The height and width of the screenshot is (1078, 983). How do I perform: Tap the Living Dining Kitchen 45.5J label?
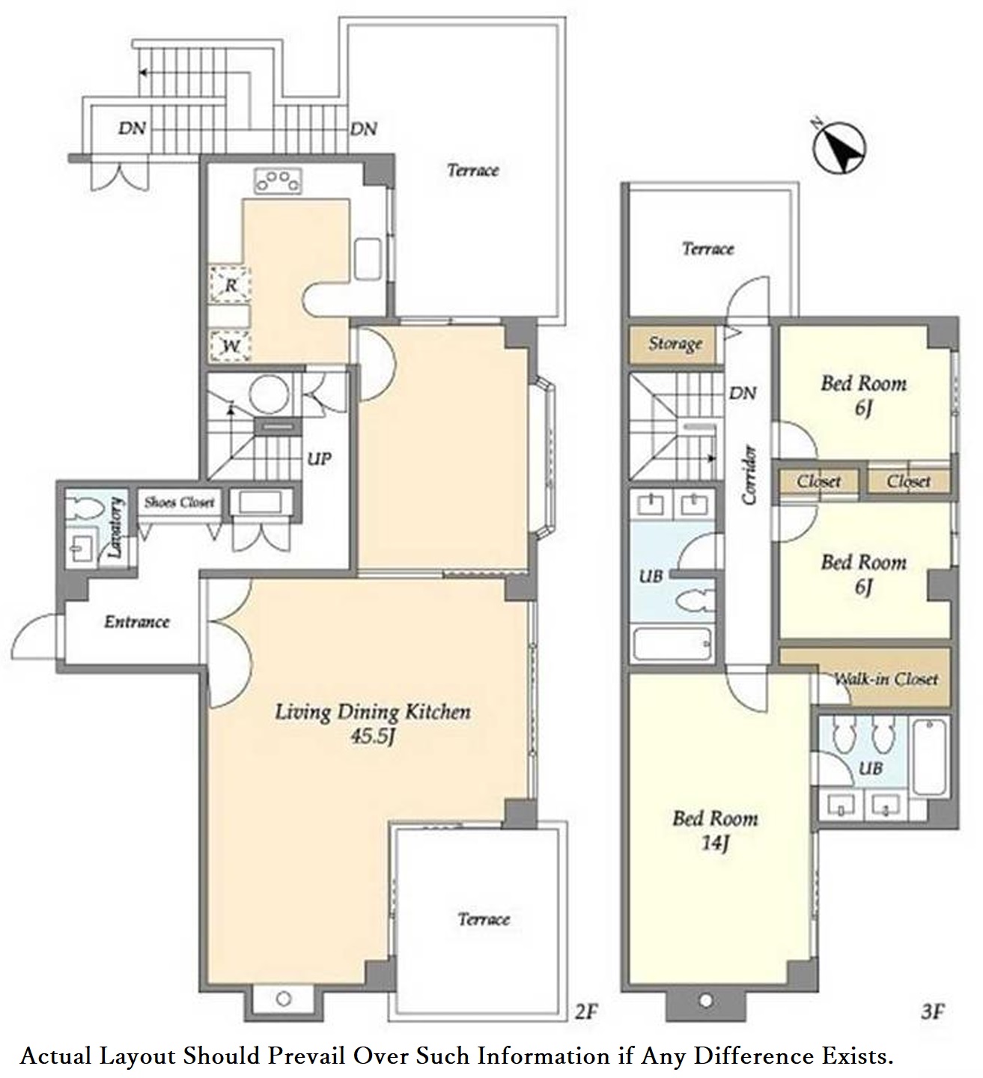372,724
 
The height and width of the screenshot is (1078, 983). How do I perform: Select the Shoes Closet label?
179,502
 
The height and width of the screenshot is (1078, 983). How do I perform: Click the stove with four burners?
278,180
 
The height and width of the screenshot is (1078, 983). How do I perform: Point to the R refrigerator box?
230,284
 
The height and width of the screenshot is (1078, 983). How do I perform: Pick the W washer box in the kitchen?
230,346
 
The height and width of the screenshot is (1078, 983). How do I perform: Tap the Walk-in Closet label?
885,679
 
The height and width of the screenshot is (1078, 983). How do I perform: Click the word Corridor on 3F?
749,475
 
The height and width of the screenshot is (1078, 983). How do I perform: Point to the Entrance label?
137,622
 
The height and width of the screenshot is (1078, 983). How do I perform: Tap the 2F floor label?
585,1012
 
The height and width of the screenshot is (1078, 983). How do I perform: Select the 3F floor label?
933,1012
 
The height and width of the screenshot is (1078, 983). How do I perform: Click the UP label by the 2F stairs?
319,459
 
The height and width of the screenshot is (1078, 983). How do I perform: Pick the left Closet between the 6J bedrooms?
818,481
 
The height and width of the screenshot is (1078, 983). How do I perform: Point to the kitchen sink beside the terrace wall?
368,259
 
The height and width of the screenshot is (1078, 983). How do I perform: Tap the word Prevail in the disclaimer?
306,1056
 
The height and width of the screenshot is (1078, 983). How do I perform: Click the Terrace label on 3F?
708,249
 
